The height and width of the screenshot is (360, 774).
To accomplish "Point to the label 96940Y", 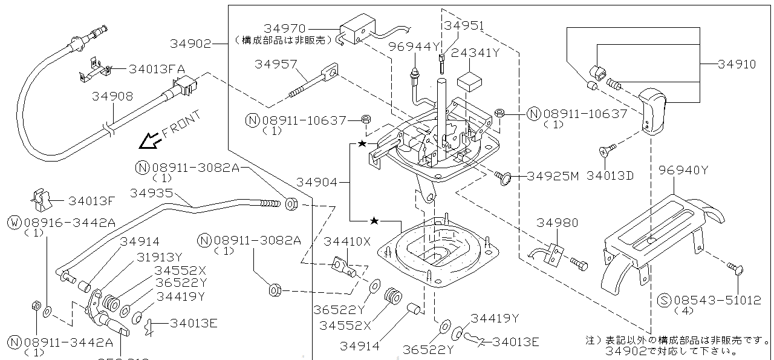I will tap(683, 170).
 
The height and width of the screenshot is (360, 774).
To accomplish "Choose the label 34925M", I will tap(553, 176).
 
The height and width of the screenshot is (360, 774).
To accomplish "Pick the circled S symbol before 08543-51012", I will tap(663, 300).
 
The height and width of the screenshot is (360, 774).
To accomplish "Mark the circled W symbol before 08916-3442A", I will tap(14, 223).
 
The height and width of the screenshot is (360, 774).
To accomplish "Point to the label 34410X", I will tap(346, 241).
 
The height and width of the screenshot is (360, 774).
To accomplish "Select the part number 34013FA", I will tap(157, 69).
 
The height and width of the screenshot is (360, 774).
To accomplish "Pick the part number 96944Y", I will tap(414, 46).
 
